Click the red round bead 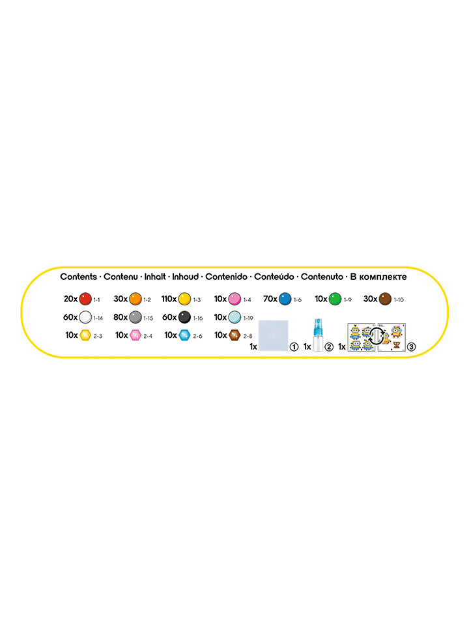85,299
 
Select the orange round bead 135,299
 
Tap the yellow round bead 184,299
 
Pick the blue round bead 285,299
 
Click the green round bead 335,299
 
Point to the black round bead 184,317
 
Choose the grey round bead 135,317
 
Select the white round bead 85,317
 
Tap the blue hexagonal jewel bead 184,335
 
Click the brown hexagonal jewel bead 234,335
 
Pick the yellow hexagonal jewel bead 85,335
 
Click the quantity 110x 169,299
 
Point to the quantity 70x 270,299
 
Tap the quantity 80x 121,317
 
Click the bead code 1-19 248,318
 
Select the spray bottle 318,335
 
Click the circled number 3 411,347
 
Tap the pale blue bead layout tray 273,335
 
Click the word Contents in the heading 79,277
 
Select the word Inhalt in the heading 155,277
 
